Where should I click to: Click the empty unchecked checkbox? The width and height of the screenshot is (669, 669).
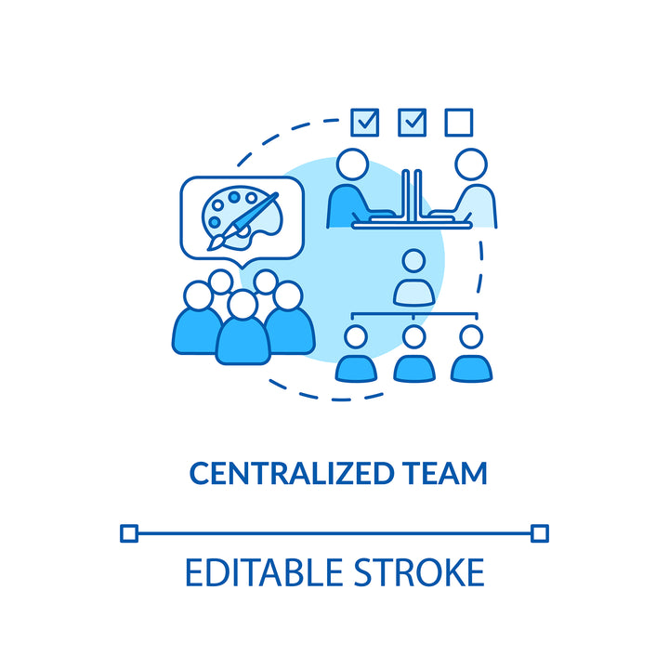pos(458,122)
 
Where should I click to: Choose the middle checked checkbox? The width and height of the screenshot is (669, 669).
pos(411,122)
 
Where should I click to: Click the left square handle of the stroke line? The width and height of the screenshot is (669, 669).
pos(129,532)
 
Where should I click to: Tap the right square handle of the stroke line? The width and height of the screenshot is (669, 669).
pos(539,532)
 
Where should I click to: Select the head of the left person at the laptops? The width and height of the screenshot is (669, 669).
pos(352,164)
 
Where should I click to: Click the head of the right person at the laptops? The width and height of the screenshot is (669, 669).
pos(472,164)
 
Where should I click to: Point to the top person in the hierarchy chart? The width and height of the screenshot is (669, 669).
pos(413,278)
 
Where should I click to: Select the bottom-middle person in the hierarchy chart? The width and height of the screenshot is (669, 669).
pos(413,353)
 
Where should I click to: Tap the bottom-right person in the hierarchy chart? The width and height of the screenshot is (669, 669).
pos(471,353)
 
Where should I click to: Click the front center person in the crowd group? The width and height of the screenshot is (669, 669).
pos(243,330)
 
